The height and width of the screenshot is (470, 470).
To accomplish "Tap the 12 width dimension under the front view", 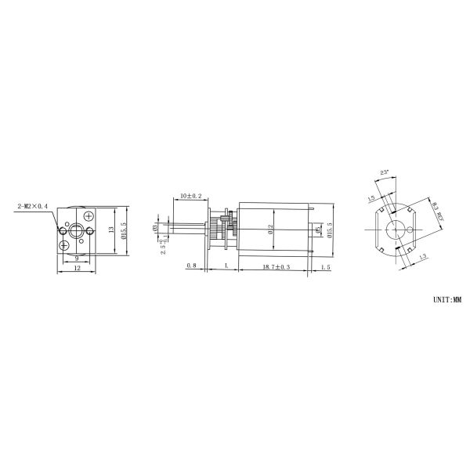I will point(77,269).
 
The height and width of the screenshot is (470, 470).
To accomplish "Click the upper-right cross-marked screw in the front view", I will point(89,215).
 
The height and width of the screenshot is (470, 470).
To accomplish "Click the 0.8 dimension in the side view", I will point(191,267).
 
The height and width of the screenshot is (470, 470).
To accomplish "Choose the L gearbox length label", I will point(226,267).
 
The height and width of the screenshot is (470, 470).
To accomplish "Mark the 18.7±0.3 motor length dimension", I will point(274,267).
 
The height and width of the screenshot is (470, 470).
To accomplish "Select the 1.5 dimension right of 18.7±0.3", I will point(326,267).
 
